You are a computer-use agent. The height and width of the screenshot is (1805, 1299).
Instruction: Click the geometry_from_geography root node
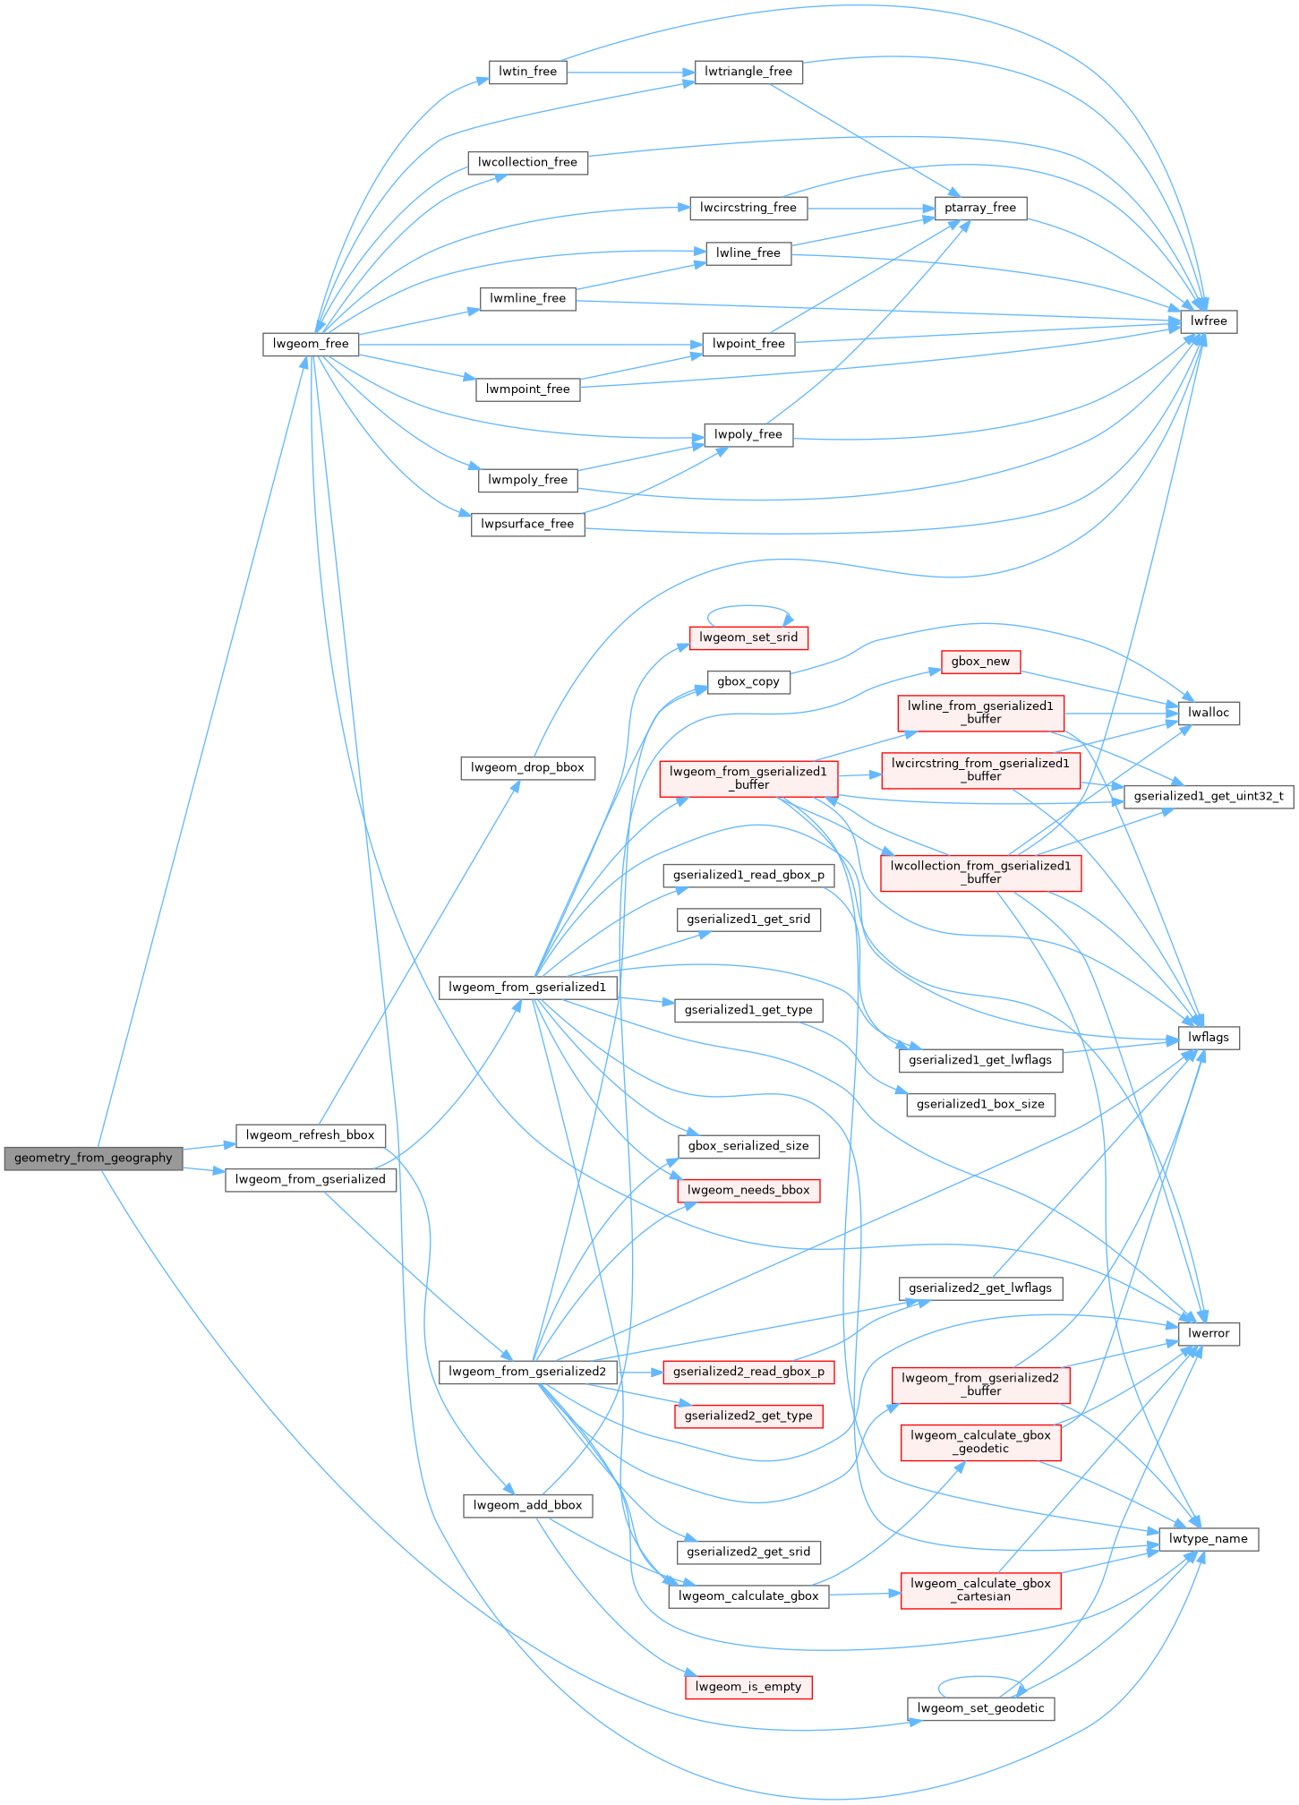(93, 1158)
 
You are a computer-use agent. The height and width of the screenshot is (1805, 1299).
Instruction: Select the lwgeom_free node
(311, 344)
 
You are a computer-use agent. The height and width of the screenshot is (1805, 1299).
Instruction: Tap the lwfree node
(1209, 321)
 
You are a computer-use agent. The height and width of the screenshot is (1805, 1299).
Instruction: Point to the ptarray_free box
(980, 208)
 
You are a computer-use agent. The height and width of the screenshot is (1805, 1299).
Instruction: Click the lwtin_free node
(527, 72)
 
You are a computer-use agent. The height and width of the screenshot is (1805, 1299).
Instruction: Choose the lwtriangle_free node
(748, 72)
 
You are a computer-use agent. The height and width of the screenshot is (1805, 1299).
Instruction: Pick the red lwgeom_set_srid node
(748, 637)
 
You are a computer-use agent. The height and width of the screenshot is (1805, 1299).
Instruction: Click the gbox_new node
(980, 662)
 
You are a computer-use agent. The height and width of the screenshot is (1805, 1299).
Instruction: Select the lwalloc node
(1209, 713)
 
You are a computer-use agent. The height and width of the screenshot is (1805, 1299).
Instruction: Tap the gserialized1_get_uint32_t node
(1208, 796)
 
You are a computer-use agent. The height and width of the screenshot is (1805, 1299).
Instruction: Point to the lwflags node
(1209, 1038)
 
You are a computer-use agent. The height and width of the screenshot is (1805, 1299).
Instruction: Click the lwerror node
(1209, 1333)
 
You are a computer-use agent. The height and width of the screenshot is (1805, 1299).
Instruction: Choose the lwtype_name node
(1208, 1539)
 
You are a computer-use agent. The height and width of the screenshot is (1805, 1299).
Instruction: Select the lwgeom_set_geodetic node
(980, 1708)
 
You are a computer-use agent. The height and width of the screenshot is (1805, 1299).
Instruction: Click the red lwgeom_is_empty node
(748, 1687)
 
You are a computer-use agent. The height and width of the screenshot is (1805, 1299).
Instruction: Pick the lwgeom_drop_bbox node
(527, 767)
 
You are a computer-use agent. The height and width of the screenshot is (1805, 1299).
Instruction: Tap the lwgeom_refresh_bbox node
(310, 1135)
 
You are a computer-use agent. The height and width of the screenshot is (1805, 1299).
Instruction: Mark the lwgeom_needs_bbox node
(748, 1190)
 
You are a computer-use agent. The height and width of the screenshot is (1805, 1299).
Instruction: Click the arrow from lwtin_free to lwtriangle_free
(630, 72)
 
